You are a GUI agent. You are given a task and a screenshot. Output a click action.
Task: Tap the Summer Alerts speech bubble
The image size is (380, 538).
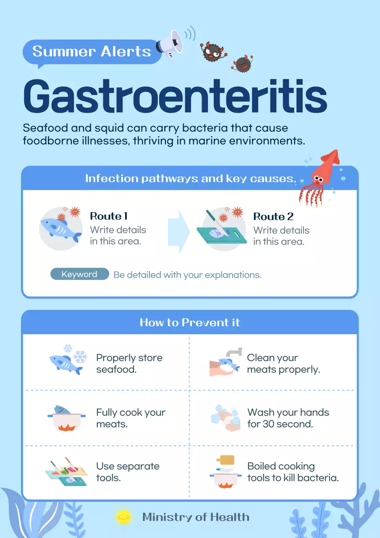(x=92, y=51)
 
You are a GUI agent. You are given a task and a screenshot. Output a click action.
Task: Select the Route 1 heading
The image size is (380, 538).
(x=109, y=216)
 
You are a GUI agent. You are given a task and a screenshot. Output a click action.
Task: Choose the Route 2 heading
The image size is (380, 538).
(x=273, y=216)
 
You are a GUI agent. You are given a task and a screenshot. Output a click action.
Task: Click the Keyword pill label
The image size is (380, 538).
(x=79, y=274)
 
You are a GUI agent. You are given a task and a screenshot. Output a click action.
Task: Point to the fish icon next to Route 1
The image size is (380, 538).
(x=60, y=229)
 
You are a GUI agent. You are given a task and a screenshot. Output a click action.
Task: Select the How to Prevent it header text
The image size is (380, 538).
(x=190, y=322)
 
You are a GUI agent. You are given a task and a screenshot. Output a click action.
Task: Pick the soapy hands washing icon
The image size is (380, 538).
(x=225, y=418)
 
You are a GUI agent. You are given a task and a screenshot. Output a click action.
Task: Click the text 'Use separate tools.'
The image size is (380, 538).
(x=128, y=472)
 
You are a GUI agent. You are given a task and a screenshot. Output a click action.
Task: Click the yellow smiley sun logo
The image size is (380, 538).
(x=123, y=517)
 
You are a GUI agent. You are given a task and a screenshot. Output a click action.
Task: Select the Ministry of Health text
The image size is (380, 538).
(x=196, y=517)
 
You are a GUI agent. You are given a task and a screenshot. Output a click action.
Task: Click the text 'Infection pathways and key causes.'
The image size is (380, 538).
(x=190, y=178)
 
